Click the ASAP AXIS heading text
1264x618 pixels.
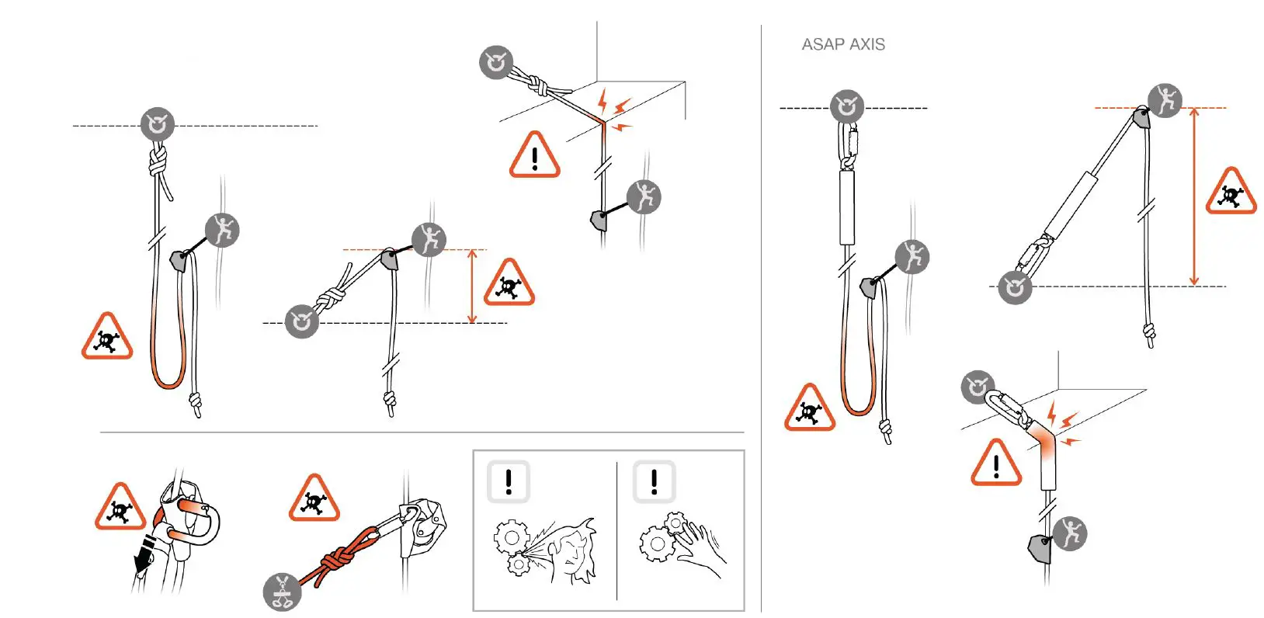pos(842,44)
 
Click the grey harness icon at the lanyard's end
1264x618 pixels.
pos(282,593)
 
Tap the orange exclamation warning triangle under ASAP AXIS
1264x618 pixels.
pos(995,464)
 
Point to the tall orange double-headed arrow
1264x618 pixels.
pos(1194,197)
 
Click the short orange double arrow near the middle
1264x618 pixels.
pos(472,286)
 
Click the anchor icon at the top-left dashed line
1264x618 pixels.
pos(158,124)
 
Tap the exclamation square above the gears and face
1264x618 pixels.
pos(509,481)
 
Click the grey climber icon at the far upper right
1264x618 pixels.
pos(1165,100)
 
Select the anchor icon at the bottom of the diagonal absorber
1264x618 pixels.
pos(1014,287)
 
